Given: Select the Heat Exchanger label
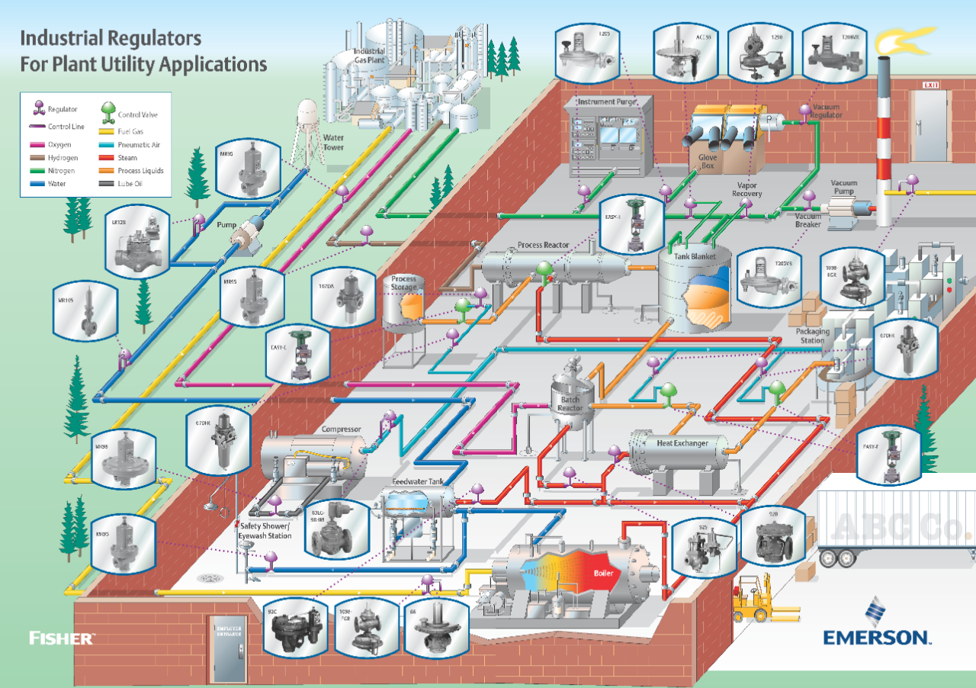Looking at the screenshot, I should [682, 443].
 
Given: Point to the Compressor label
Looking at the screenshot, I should [341, 429].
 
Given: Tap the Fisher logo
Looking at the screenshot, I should [62, 638].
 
